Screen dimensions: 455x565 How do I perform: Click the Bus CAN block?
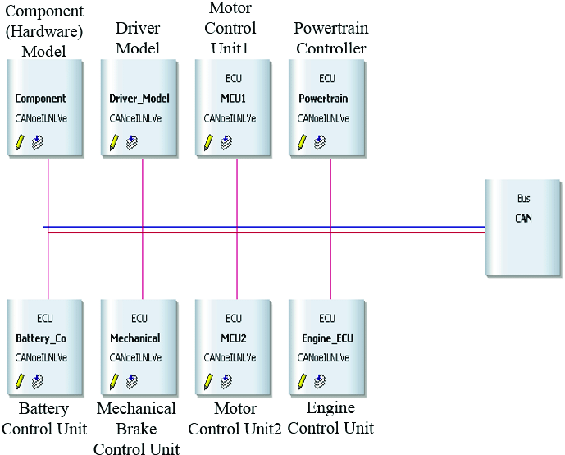coord(522,227)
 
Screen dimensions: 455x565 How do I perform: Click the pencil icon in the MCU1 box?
coord(208,142)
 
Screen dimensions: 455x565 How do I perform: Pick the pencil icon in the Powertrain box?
coord(302,142)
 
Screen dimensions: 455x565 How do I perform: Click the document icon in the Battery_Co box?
coord(38,381)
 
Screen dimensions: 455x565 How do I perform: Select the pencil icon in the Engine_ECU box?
coord(302,381)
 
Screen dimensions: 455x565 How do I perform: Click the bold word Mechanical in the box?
coord(134,338)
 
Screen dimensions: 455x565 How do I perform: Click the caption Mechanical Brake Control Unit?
coord(134,428)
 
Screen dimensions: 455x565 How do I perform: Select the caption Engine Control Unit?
coord(330,418)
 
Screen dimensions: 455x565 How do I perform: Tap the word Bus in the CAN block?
coord(523,199)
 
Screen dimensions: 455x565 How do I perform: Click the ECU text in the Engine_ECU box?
coord(326,318)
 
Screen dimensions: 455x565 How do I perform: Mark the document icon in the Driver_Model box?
coord(132,142)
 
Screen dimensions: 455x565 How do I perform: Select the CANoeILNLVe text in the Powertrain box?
coord(323,118)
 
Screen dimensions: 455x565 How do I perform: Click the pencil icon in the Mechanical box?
coord(114,381)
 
